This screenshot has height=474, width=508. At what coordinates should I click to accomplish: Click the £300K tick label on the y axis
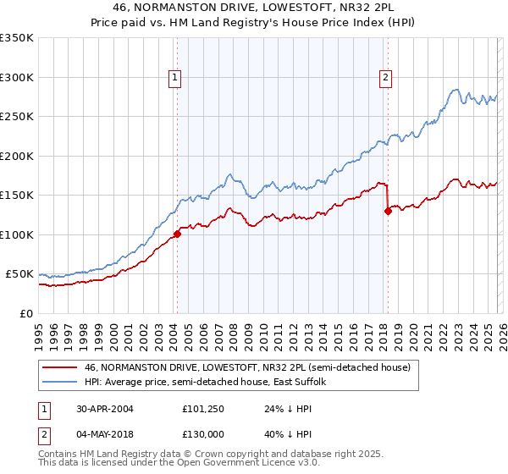(17, 77)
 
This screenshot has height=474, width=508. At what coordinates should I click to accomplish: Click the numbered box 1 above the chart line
(175, 78)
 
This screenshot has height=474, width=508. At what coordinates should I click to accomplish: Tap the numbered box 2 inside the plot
(385, 78)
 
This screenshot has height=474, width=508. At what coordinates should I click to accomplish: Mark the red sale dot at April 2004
(177, 234)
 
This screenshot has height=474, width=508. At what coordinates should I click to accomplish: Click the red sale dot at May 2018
(388, 212)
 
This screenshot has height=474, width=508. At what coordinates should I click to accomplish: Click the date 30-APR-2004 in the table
(102, 407)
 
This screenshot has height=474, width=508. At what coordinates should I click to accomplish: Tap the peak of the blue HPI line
(456, 89)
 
